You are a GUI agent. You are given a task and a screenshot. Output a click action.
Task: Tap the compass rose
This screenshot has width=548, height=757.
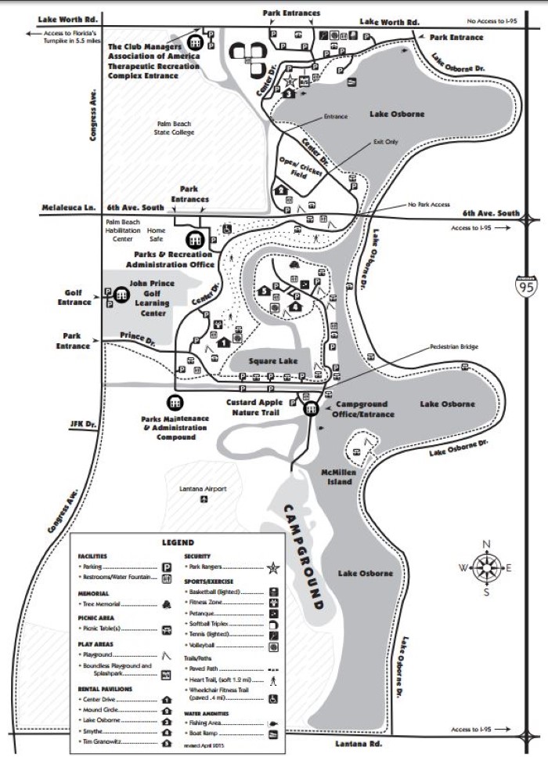point(486,567)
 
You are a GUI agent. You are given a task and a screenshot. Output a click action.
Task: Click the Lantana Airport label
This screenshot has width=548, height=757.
point(204,489)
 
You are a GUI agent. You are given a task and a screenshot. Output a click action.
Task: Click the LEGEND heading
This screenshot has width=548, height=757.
point(178,542)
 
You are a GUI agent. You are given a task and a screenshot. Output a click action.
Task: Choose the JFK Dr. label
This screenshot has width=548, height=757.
point(83,424)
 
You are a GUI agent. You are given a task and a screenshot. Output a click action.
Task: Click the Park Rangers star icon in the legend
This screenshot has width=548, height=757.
point(274,565)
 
